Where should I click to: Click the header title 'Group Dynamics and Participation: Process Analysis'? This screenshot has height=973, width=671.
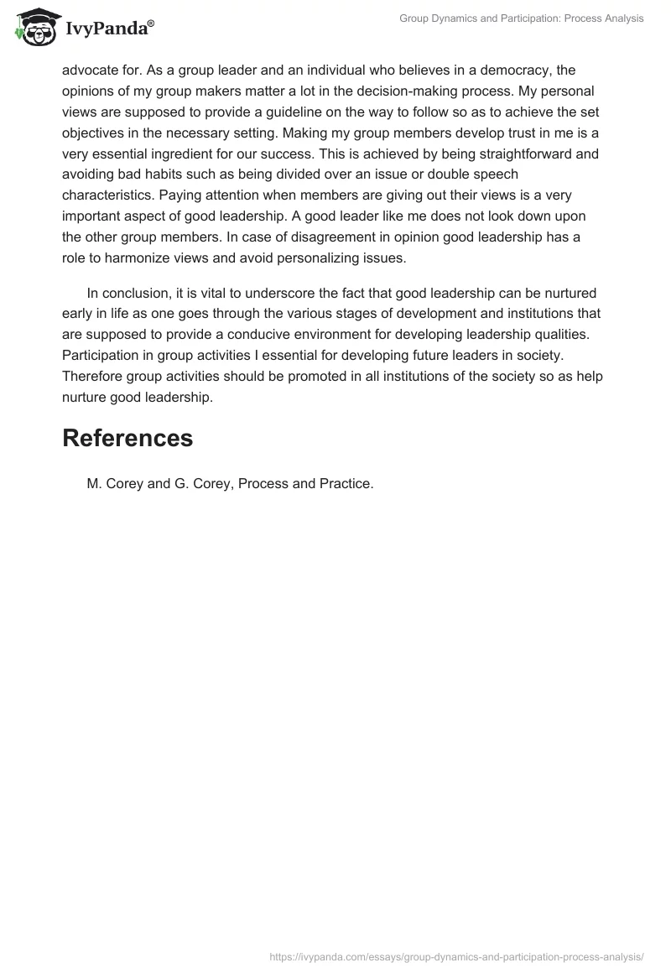pyautogui.click(x=521, y=18)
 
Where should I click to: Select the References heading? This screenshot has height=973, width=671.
pyautogui.click(x=127, y=438)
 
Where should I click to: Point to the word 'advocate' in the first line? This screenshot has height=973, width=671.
pyautogui.click(x=90, y=70)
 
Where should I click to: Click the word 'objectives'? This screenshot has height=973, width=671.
pyautogui.click(x=95, y=133)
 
